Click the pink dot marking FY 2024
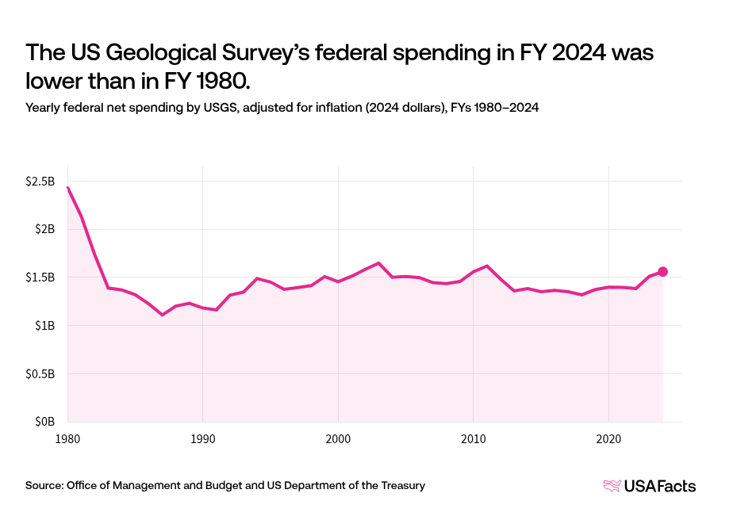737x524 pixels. point(662,272)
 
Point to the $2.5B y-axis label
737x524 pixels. point(40,182)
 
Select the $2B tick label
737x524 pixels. point(44,229)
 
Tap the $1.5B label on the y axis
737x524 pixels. point(40,277)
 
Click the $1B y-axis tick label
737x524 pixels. point(44,326)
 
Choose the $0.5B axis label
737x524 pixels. point(40,373)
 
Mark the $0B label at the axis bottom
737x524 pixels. point(44,422)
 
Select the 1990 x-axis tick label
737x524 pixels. point(203,438)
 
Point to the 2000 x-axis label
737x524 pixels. point(338,438)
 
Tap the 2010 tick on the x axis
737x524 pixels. point(473,438)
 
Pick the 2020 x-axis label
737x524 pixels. point(608,438)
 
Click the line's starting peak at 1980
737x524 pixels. point(68,188)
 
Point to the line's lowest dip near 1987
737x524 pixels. point(163,315)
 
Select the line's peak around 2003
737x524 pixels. point(378,263)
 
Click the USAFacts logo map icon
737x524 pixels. point(612,486)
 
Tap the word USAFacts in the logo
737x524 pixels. point(659,486)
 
